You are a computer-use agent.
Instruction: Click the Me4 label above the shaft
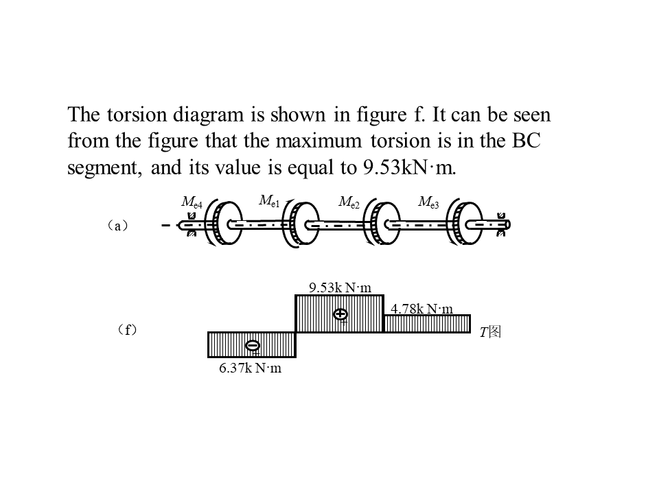coord(192,202)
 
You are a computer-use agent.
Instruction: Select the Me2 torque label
coord(349,202)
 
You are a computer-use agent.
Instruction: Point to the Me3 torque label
coord(428,202)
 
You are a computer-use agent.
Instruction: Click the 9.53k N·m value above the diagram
coord(340,287)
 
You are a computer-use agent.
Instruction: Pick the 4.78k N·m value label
coord(422,309)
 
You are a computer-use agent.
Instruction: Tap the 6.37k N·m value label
coord(251,368)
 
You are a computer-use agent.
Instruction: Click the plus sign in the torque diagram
coord(340,314)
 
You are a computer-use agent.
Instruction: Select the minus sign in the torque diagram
coord(253,345)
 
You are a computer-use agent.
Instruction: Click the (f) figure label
coord(127,331)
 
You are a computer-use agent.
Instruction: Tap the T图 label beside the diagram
coord(491,332)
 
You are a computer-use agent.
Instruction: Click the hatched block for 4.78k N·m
coord(426,324)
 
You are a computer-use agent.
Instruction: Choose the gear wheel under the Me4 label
coord(224,224)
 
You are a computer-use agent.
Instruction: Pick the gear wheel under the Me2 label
coord(382,224)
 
